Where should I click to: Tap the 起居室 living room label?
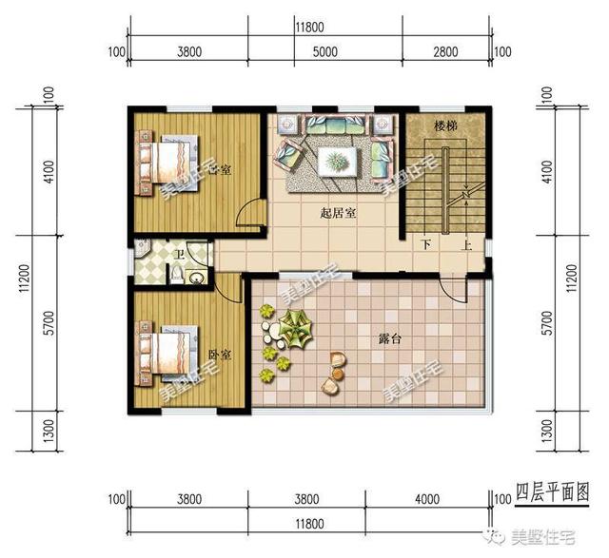338,214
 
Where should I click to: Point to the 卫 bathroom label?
180,255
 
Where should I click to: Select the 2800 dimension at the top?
444,52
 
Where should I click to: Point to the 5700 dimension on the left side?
22,323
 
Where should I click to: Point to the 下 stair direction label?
426,243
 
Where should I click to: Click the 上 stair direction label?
467,243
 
